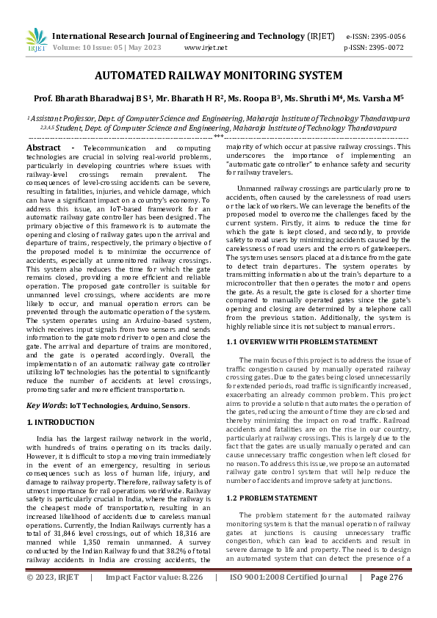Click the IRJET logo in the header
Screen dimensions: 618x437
36,41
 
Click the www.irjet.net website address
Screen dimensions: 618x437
206,48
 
